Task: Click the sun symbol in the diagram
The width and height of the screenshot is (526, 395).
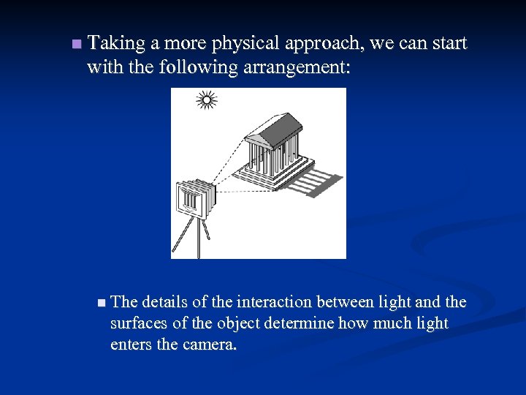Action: pos(207,100)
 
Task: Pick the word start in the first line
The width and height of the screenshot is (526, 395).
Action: pos(449,44)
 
